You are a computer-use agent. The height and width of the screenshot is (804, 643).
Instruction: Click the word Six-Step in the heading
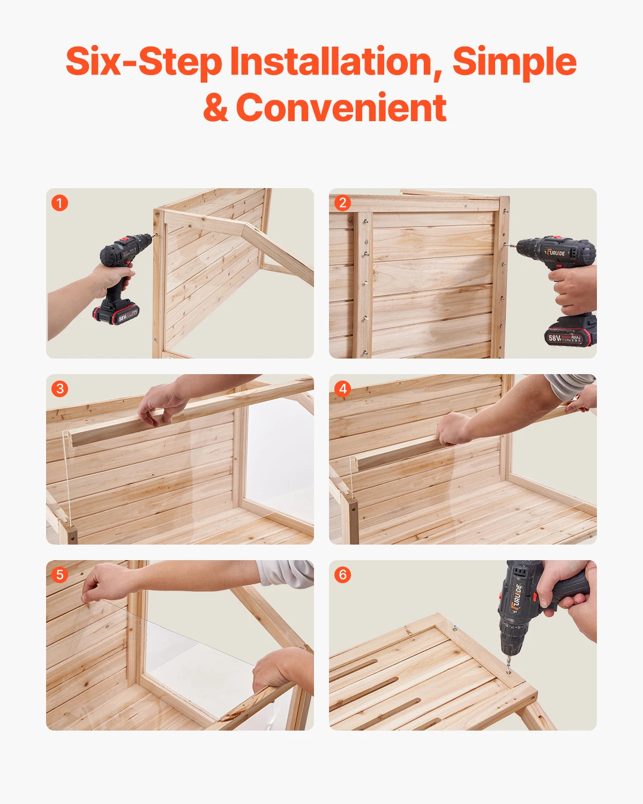click(x=143, y=62)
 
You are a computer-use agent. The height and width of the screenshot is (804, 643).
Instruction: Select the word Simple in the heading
click(x=514, y=62)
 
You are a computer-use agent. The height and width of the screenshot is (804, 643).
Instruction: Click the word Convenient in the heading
click(x=341, y=108)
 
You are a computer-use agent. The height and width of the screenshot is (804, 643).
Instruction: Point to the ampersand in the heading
click(x=215, y=108)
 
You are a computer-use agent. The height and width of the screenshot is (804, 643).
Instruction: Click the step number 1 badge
click(x=59, y=203)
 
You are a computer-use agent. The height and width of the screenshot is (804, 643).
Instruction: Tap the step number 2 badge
click(x=342, y=203)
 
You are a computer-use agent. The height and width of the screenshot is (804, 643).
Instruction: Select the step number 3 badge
click(x=59, y=389)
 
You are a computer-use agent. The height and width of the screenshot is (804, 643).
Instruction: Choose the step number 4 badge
click(x=342, y=389)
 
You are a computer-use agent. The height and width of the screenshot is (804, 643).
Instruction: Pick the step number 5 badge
click(x=59, y=575)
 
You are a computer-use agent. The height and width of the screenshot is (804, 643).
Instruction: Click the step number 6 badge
click(x=342, y=575)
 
